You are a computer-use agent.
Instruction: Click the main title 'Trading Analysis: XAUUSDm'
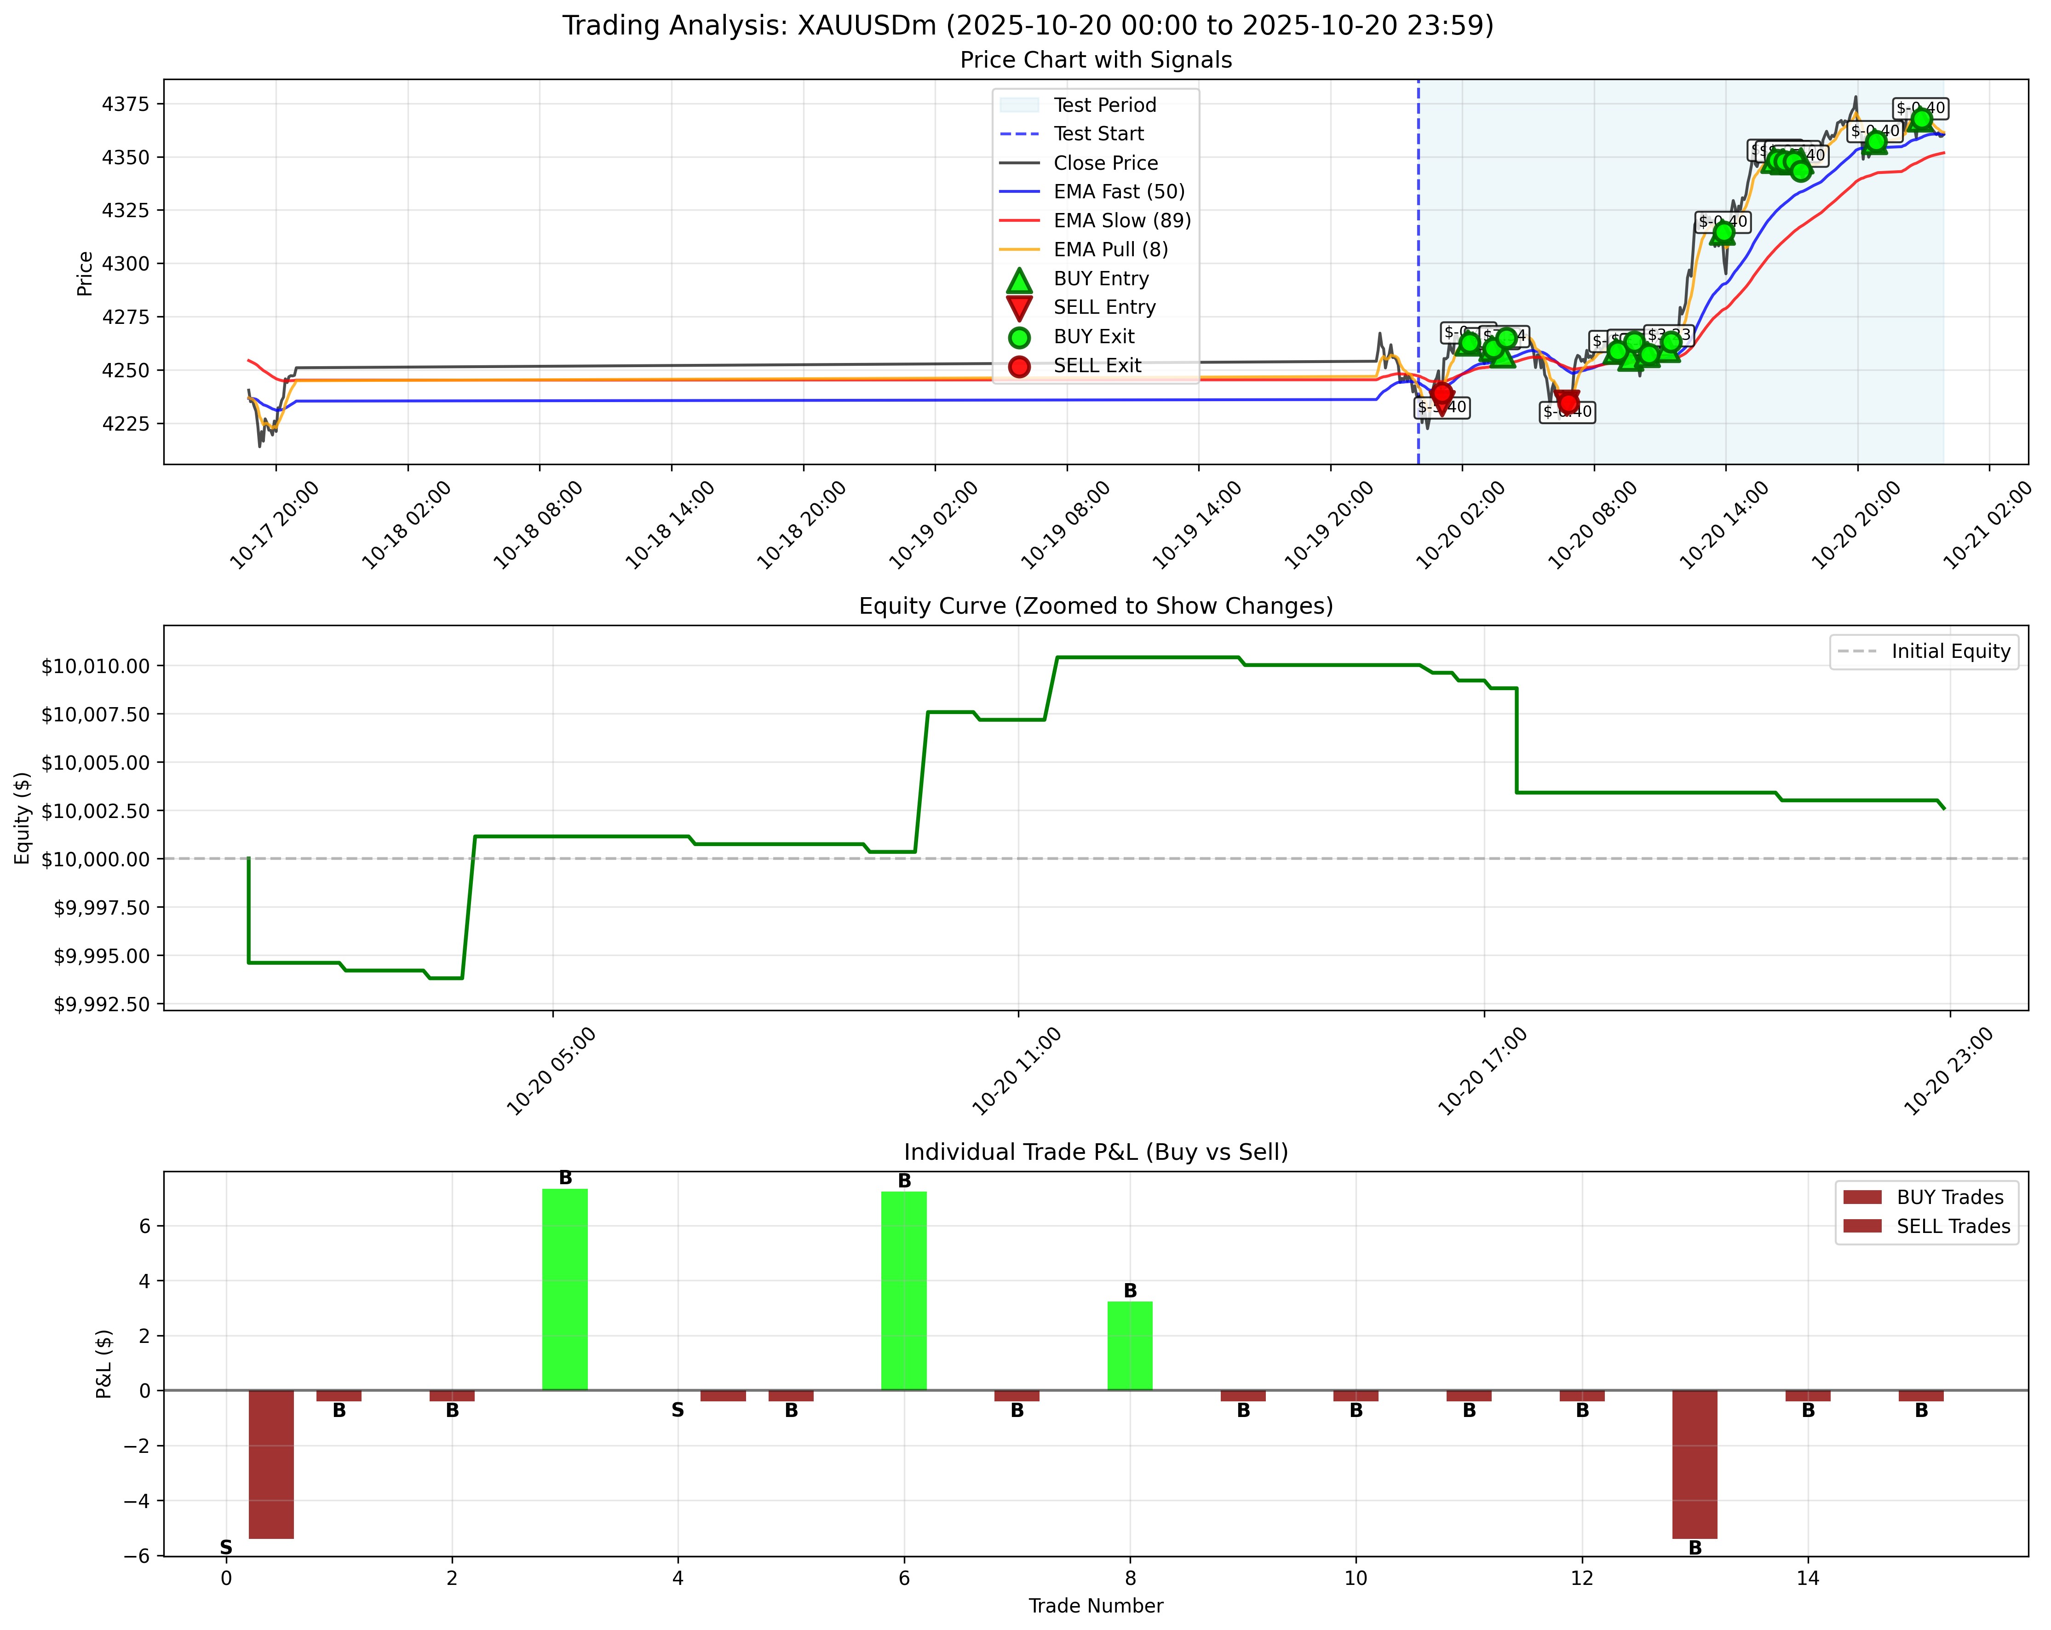click(x=1028, y=26)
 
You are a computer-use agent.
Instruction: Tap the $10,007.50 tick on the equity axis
click(x=95, y=714)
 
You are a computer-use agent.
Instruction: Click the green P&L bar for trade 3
click(x=565, y=1290)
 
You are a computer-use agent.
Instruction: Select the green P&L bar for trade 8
click(x=1130, y=1346)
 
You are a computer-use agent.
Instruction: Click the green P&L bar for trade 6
click(x=904, y=1290)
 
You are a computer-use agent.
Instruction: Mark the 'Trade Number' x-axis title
click(x=1096, y=1606)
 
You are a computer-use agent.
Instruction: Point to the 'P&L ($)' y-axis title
click(x=105, y=1364)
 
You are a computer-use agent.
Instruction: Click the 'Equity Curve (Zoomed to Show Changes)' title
click(x=1096, y=606)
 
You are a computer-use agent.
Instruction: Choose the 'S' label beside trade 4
click(x=678, y=1410)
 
